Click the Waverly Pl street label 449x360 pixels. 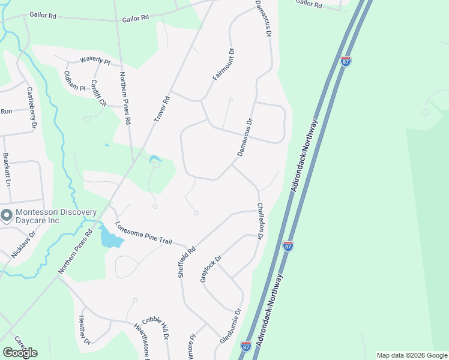point(95,61)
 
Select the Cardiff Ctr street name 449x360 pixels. point(98,93)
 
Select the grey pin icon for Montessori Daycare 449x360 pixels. point(7,215)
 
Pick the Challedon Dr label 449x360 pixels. point(261,221)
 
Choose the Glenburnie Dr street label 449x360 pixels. point(230,326)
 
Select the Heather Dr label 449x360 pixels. point(83,330)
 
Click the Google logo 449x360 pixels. point(20,352)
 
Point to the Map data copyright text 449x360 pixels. point(411,355)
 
